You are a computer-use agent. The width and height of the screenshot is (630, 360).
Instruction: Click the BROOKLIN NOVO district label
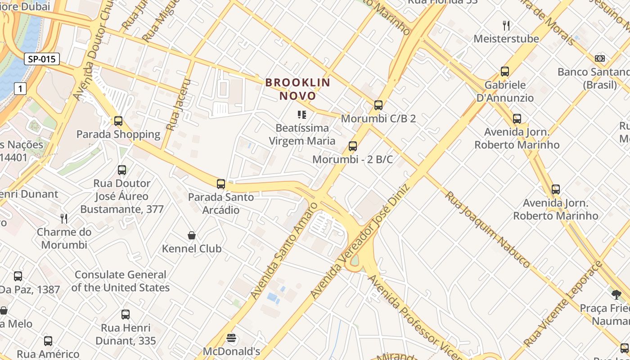(x=297, y=89)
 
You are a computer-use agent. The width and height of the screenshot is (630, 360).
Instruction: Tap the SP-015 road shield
(x=42, y=59)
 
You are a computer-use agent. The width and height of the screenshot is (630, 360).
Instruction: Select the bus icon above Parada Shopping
(x=118, y=121)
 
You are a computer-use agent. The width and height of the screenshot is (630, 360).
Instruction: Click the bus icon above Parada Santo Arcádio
(x=221, y=184)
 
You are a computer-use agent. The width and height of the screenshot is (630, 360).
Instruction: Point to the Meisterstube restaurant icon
(x=506, y=26)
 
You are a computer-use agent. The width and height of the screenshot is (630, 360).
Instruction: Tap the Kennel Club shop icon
(x=192, y=235)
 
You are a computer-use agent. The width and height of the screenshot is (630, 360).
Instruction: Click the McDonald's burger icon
(x=232, y=338)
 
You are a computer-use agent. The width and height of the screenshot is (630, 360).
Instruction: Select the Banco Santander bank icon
(x=600, y=58)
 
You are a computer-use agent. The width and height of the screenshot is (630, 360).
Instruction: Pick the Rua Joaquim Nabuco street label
(x=488, y=229)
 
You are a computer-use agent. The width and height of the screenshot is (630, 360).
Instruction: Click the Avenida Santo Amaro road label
(x=284, y=250)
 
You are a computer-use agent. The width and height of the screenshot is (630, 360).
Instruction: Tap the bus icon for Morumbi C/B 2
(x=378, y=105)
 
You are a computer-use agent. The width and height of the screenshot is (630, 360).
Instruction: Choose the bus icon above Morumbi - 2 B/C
(x=353, y=146)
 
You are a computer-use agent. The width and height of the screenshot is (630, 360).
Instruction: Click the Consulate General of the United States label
(x=121, y=281)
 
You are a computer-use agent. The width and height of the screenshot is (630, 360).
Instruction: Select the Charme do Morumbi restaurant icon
(x=64, y=219)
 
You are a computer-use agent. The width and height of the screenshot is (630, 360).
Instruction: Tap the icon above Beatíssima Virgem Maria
(x=302, y=115)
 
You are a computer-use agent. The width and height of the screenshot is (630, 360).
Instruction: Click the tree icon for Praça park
(x=616, y=295)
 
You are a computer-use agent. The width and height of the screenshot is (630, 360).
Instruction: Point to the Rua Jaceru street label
(x=178, y=105)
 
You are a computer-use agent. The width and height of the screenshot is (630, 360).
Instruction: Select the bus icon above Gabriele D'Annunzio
(x=505, y=72)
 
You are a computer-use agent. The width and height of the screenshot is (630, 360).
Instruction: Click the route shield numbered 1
(x=20, y=89)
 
